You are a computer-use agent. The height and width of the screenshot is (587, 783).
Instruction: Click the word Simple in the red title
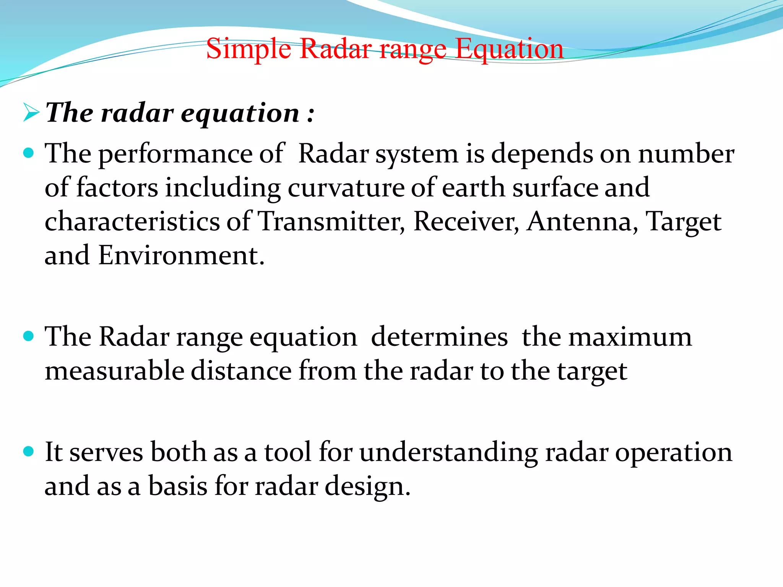249,49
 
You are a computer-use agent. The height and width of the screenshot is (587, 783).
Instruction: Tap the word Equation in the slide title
509,49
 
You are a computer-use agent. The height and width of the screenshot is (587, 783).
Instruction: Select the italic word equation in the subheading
240,114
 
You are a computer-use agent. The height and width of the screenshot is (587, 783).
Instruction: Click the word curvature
346,188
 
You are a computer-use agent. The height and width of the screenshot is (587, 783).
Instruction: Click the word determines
439,337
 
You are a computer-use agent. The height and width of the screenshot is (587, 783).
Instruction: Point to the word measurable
114,371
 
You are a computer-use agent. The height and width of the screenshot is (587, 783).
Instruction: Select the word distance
241,371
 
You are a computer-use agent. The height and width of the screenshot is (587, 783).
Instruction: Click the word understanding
448,452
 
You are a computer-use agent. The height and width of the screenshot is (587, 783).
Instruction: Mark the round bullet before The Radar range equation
28,336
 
